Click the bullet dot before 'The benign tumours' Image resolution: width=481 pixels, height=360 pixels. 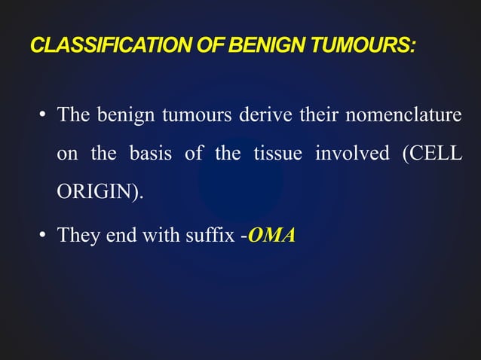[x=44, y=117]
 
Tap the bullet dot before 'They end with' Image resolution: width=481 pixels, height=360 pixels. [x=44, y=236]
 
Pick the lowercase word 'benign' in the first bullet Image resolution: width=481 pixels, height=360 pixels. [x=120, y=118]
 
